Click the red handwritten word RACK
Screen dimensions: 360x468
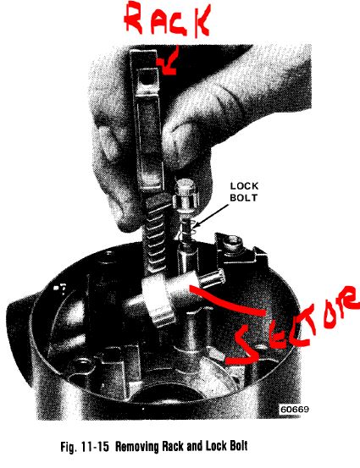pyautogui.click(x=168, y=19)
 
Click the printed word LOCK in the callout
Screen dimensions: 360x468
pyautogui.click(x=244, y=186)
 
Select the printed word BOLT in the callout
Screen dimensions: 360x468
pyautogui.click(x=243, y=198)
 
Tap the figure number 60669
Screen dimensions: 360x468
pyautogui.click(x=294, y=409)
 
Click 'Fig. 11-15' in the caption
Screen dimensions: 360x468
pyautogui.click(x=85, y=447)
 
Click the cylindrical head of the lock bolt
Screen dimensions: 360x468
pyautogui.click(x=186, y=195)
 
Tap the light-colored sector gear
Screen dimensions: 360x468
pyautogui.click(x=158, y=301)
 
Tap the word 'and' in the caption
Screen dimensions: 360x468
pyautogui.click(x=195, y=447)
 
